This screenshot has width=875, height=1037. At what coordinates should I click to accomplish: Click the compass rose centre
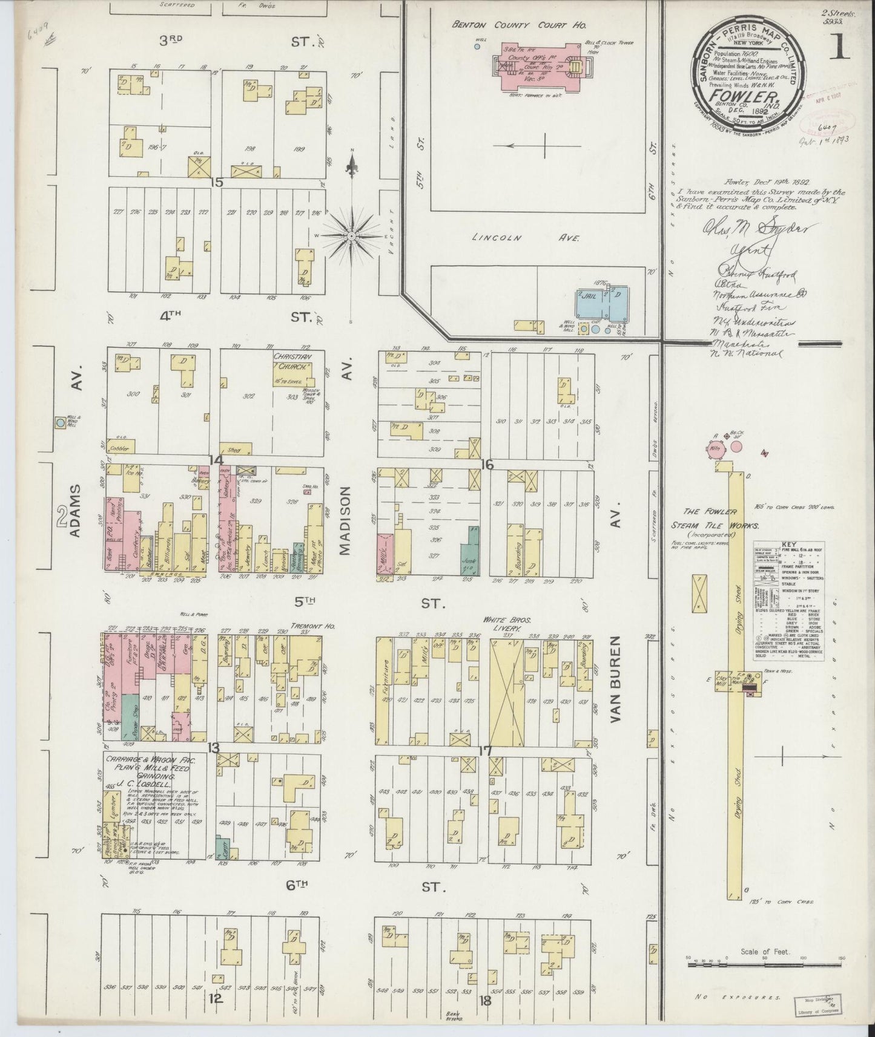352,235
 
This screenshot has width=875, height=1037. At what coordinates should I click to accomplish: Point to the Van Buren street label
616,679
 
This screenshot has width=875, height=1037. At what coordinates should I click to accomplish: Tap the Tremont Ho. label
305,626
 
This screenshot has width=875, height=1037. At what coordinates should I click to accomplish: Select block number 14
215,459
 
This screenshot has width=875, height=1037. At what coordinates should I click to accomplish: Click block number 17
485,751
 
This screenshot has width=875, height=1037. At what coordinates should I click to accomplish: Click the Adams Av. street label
74,513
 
